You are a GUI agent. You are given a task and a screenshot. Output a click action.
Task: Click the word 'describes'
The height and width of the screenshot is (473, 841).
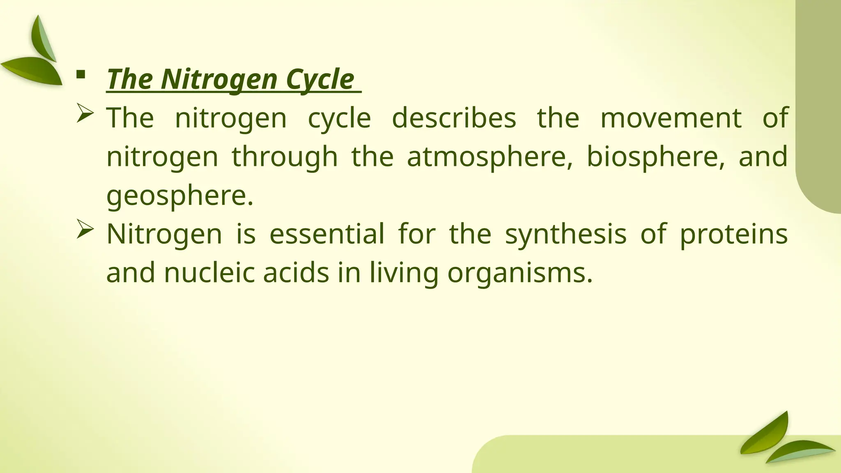[454, 118]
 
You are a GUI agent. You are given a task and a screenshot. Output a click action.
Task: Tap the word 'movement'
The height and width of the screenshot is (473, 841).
[671, 118]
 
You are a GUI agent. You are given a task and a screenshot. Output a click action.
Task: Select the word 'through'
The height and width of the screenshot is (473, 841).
[285, 157]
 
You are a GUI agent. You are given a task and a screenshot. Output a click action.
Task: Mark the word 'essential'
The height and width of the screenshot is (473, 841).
[327, 234]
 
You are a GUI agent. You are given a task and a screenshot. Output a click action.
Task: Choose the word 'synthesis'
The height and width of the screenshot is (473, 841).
[565, 234]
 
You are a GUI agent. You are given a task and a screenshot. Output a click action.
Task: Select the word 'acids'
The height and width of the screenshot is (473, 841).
[296, 273]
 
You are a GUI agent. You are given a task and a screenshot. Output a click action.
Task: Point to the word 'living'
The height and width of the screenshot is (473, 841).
[404, 273]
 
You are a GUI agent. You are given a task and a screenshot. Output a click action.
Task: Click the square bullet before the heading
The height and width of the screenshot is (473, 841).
[80, 74]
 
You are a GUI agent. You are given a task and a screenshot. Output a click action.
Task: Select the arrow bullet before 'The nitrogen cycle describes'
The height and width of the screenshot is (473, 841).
[85, 113]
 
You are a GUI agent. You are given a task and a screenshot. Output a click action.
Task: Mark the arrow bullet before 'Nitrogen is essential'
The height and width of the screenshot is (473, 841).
[85, 230]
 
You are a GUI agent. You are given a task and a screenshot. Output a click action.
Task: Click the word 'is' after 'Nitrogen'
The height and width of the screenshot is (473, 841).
[246, 234]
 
